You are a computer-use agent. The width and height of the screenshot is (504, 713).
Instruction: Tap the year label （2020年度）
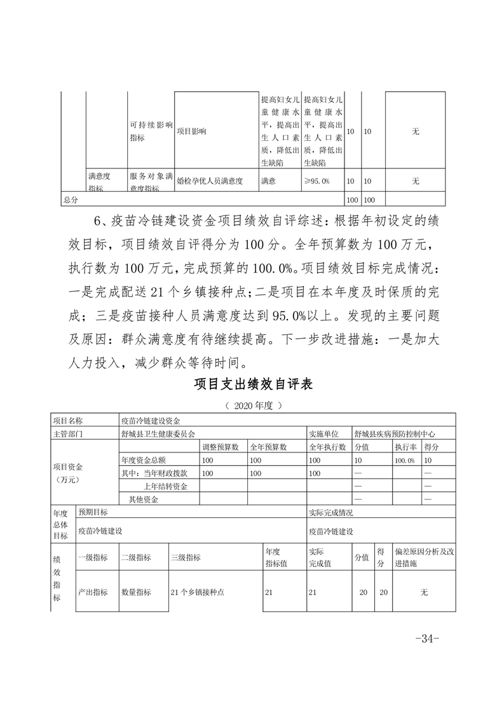pyautogui.click(x=252, y=405)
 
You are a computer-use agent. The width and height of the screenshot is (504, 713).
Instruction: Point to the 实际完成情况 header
pyautogui.click(x=330, y=512)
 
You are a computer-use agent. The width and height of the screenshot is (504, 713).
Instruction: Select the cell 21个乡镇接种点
pyautogui.click(x=198, y=592)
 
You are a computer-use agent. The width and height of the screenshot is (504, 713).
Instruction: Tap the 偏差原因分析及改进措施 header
pyautogui.click(x=424, y=557)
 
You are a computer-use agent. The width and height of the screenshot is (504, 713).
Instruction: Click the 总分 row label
pyautogui.click(x=70, y=200)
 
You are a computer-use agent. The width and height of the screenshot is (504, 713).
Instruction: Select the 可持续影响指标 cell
pyautogui.click(x=151, y=132)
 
